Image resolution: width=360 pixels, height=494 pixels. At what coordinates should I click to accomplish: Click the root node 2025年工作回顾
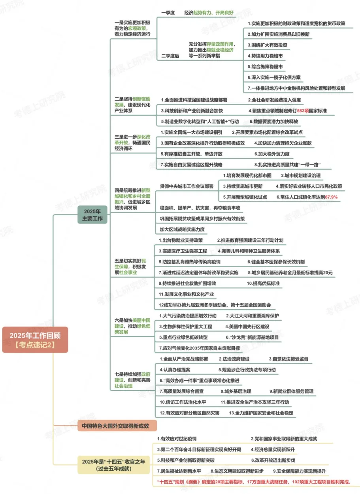(35, 339)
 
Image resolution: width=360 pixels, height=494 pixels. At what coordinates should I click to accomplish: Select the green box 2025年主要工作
(92, 214)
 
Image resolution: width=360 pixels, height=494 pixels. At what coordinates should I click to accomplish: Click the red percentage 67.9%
(332, 197)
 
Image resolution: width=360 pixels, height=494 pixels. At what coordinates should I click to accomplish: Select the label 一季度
(168, 13)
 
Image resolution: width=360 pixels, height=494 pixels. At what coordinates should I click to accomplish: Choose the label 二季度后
(170, 56)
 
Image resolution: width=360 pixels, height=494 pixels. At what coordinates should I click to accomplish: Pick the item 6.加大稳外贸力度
(271, 154)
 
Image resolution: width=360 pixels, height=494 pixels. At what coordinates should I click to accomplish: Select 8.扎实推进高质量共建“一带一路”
(287, 165)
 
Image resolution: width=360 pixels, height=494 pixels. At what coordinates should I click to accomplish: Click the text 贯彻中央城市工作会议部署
(187, 186)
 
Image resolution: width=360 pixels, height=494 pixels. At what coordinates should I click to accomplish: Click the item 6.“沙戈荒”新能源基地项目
(252, 337)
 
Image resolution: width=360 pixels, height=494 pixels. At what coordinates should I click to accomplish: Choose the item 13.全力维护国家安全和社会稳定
(261, 413)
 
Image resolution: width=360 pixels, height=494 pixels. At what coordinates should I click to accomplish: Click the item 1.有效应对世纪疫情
(177, 439)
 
